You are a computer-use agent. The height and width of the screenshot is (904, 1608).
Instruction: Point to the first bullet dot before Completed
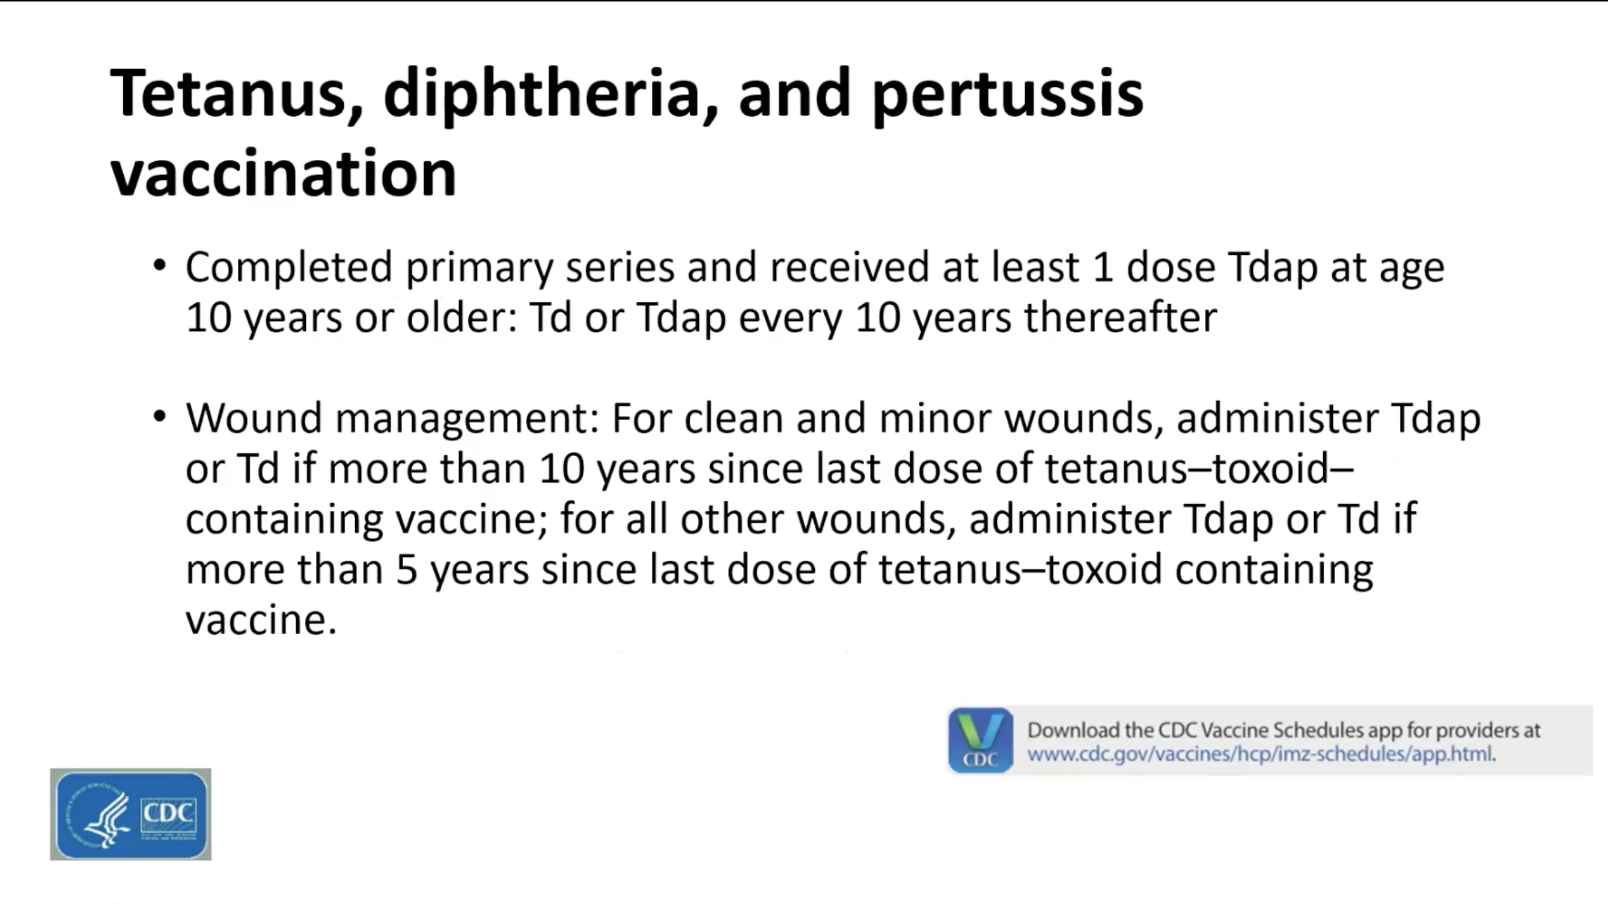tap(160, 264)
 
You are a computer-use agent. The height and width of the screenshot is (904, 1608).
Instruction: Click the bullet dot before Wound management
tap(160, 416)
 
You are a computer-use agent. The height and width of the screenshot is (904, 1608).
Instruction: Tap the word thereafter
tap(1121, 317)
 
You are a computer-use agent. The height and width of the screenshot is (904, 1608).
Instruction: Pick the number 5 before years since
tap(406, 570)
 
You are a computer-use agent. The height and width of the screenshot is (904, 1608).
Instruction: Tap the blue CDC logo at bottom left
tap(130, 814)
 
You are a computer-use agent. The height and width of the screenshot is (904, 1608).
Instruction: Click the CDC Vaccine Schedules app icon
tap(980, 741)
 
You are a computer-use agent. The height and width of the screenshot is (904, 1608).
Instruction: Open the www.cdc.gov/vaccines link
tap(1260, 754)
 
